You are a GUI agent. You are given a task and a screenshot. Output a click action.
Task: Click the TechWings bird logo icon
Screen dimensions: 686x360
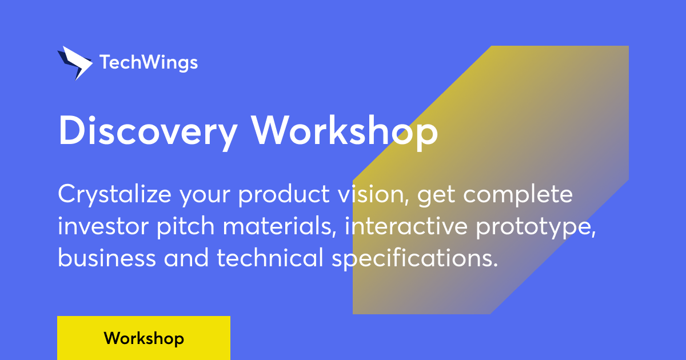75,63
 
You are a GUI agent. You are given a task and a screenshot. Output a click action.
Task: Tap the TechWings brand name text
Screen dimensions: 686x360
149,63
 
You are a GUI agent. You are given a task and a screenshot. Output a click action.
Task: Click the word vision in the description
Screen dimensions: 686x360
373,195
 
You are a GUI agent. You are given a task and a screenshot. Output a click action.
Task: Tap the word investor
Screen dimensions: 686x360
103,226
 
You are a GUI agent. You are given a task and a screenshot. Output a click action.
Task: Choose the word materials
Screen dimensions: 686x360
280,226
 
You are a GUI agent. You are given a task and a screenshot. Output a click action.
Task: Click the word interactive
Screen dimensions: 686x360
406,226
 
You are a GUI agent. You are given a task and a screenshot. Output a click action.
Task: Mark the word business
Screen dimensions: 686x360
107,258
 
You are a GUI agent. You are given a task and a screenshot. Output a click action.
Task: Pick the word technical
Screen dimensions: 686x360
270,257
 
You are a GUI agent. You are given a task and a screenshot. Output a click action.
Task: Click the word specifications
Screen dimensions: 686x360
415,258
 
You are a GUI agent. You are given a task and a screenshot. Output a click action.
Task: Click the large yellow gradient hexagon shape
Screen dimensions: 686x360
490,179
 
